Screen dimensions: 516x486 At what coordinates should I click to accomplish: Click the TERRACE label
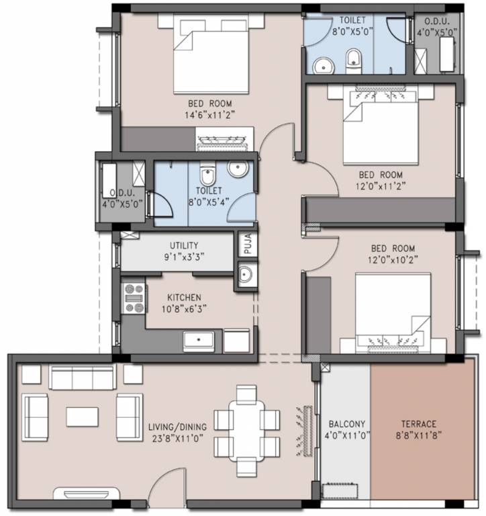tap(418, 424)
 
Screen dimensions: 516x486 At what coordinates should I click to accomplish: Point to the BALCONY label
tap(346, 424)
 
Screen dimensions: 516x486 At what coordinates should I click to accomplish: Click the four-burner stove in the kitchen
tap(134, 298)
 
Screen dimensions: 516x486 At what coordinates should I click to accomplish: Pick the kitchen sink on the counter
tap(199, 340)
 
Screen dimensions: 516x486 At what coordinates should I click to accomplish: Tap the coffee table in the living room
tap(82, 417)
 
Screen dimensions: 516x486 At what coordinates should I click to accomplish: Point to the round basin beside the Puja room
tap(246, 275)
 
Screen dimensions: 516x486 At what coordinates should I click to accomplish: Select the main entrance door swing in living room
tap(168, 487)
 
